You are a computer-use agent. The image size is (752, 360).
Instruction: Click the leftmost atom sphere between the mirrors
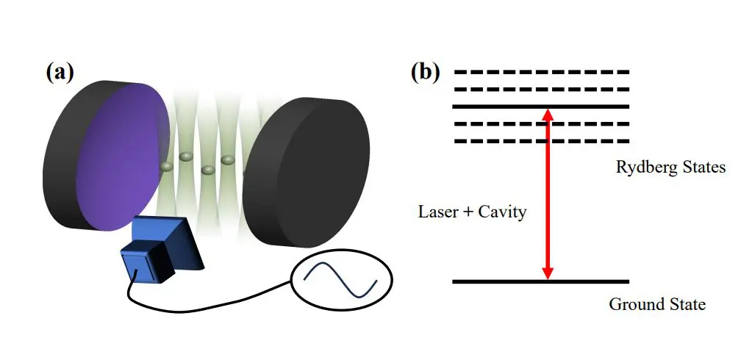coord(167,167)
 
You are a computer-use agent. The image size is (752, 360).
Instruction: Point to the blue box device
coord(151,258)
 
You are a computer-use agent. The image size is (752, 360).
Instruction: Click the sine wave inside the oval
coord(341,280)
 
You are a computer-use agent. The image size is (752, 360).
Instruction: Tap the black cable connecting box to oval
coord(213,301)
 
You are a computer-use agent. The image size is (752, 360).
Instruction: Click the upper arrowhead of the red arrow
coord(547,115)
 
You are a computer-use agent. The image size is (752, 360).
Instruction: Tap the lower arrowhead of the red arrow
coord(547,273)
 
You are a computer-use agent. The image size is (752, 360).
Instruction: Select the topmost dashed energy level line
coord(541,72)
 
